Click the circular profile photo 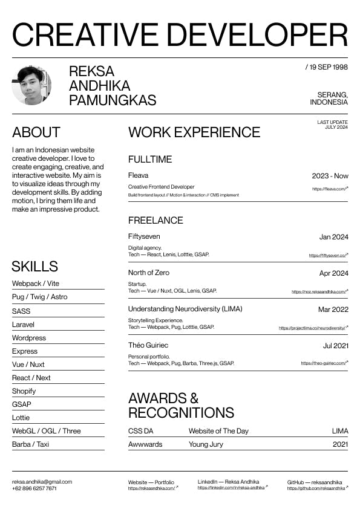[31, 85]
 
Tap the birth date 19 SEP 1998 [327, 67]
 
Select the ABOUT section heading [36, 132]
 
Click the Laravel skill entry [24, 325]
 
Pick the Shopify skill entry [24, 391]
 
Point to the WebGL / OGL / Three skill [46, 431]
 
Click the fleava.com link [330, 189]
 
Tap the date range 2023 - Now [330, 176]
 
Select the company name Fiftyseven [144, 236]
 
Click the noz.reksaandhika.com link [319, 292]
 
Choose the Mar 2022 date [333, 310]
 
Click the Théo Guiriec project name [148, 345]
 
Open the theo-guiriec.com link [324, 363]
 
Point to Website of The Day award [218, 431]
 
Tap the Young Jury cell [206, 444]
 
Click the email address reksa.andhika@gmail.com [42, 482]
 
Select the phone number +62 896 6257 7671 [34, 488]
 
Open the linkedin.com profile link [231, 487]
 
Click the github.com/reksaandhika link [316, 487]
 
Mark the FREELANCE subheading [155, 220]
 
